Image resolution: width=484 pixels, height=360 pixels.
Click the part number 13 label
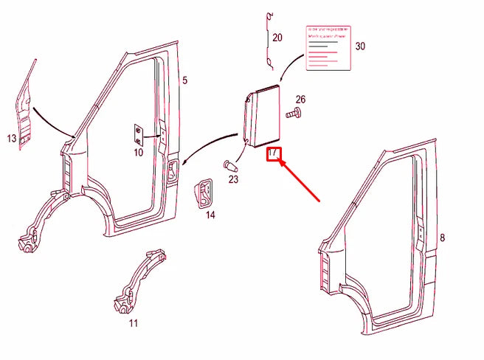coord(12,139)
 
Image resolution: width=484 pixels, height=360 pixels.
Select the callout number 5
coord(185,80)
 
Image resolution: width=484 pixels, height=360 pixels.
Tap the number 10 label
coord(138,153)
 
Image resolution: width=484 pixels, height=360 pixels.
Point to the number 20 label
coord(277,38)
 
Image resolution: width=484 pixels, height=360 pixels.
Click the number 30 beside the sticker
coord(360,46)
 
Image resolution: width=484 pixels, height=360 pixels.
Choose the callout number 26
coord(300,100)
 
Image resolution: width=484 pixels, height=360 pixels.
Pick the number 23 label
coord(233,178)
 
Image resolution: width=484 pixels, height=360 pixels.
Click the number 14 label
coord(210,215)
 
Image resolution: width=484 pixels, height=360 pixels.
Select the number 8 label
coord(442,238)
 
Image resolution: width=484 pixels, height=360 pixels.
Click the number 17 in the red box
coord(273,153)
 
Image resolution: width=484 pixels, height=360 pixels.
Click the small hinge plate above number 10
coord(138,135)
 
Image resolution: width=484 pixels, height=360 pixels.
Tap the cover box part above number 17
coord(263,116)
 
